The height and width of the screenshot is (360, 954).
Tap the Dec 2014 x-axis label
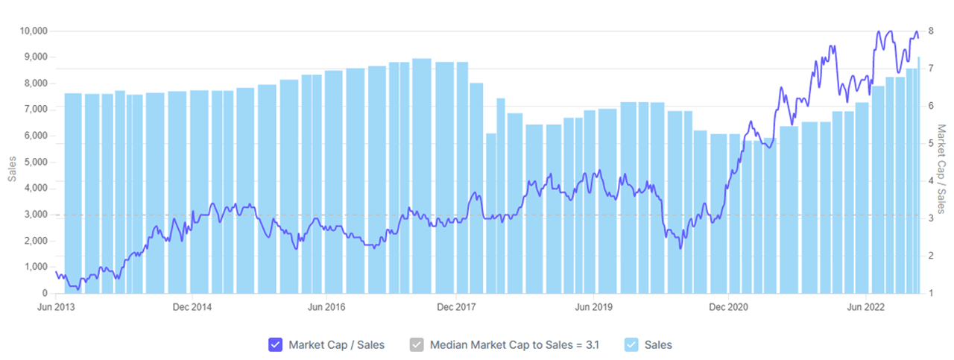[x=192, y=306]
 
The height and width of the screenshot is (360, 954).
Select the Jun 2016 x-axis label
[x=326, y=306]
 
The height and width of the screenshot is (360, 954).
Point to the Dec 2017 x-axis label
[x=457, y=306]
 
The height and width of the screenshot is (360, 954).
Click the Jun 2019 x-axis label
[x=593, y=306]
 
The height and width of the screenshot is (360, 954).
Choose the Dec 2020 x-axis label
[x=727, y=306]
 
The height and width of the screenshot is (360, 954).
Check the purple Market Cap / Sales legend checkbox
[x=275, y=344]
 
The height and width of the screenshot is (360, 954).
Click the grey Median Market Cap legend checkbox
[x=417, y=344]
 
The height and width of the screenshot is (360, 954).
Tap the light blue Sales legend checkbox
[x=632, y=344]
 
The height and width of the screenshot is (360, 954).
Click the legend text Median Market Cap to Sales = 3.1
[x=514, y=344]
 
